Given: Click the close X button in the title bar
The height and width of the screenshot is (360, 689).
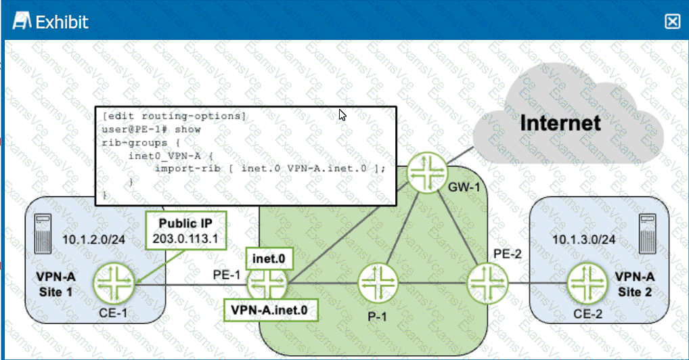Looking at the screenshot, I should (x=672, y=22).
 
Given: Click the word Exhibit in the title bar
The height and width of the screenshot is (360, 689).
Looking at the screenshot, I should (x=62, y=22).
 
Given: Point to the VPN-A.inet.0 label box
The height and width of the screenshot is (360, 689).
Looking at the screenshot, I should (x=270, y=310).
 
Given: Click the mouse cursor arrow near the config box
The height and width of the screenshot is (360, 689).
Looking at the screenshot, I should (x=343, y=114).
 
